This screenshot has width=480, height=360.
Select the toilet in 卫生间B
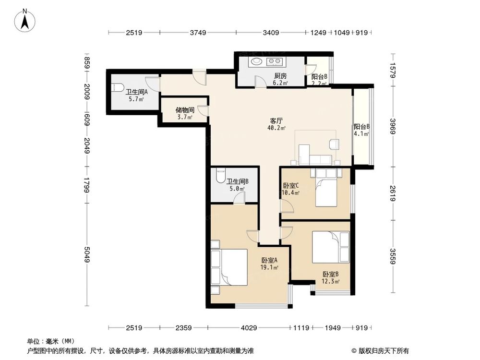[220, 175]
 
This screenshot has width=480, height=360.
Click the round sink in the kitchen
[255, 61]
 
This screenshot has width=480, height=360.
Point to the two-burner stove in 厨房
[275, 61]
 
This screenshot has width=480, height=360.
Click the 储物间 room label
[184, 109]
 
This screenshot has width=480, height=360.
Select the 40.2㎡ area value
[276, 128]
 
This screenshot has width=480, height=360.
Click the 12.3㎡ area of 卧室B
[331, 281]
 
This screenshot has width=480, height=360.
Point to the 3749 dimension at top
[198, 33]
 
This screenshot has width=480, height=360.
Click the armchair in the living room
[334, 144]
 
